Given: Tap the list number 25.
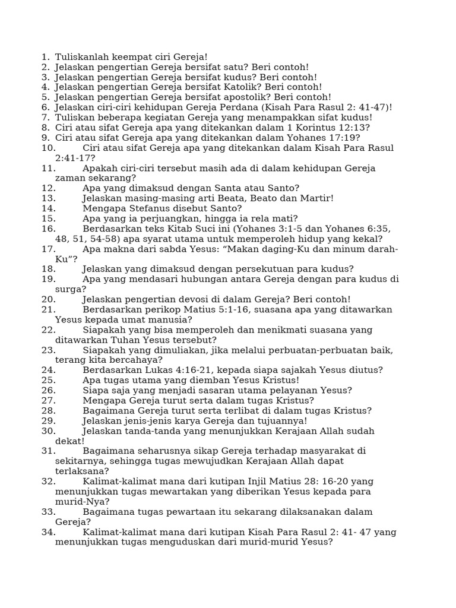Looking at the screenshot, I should pyautogui.click(x=49, y=380).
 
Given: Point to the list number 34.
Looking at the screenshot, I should pyautogui.click(x=49, y=532).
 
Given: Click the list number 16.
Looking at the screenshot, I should pyautogui.click(x=49, y=229).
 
